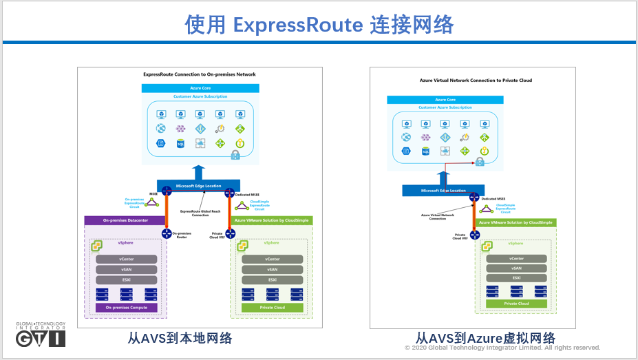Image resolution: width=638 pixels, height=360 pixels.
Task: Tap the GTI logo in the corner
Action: tap(41, 335)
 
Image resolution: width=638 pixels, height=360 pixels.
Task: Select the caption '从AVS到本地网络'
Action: tap(180, 338)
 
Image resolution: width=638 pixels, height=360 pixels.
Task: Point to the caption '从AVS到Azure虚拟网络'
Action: tap(485, 338)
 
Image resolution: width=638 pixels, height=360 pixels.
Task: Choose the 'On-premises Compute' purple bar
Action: tap(127, 307)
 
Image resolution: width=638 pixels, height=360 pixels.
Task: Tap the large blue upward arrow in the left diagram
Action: tap(199, 172)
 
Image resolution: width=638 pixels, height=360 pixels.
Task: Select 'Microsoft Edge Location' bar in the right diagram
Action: tap(443, 191)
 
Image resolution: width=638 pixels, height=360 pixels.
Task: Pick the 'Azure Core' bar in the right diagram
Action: tap(445, 100)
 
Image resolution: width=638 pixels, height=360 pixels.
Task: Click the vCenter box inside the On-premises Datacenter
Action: tap(127, 260)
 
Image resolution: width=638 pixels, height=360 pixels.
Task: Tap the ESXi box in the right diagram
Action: tap(516, 277)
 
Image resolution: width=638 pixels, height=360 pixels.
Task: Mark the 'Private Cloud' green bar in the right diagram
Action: tap(516, 303)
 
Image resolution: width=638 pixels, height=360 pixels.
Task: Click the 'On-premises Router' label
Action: tap(181, 235)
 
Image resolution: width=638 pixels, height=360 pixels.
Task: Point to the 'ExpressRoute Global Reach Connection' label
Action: tap(200, 213)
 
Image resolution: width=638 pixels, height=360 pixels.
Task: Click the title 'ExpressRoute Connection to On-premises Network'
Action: tap(199, 74)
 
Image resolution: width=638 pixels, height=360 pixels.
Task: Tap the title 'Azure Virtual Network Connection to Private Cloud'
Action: tap(476, 81)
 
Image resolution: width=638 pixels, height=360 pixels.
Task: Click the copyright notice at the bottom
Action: tap(502, 348)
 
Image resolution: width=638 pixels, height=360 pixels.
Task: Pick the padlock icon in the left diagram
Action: tap(235, 156)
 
